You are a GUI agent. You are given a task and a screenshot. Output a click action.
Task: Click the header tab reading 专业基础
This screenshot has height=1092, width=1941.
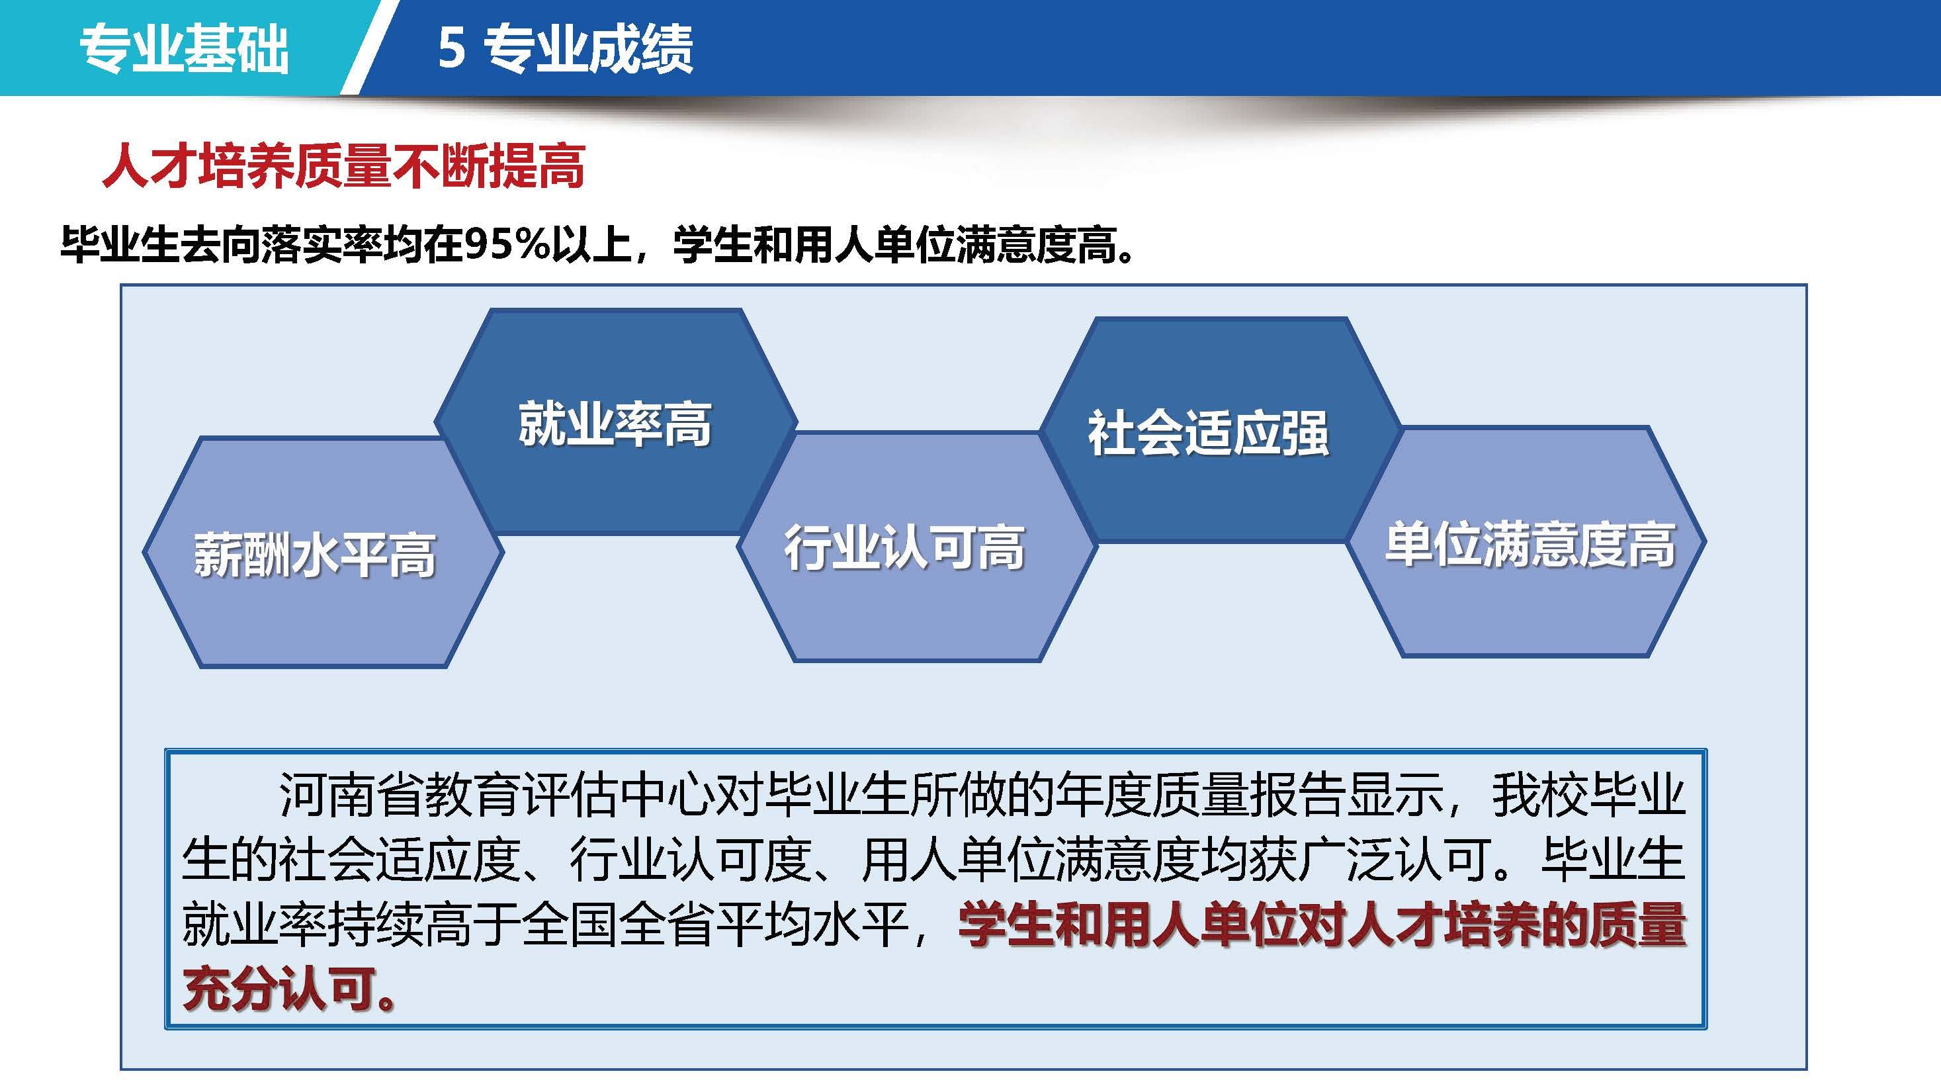click(185, 49)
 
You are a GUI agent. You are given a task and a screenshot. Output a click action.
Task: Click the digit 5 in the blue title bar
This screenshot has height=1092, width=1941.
click(451, 49)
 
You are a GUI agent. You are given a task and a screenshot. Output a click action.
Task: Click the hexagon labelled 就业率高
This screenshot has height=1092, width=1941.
click(616, 422)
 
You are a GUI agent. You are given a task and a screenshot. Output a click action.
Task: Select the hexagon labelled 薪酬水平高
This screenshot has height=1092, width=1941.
click(323, 553)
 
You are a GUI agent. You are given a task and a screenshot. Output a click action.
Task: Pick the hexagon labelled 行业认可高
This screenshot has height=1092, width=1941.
click(916, 547)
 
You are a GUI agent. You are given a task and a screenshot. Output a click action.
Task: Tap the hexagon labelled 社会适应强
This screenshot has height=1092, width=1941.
click(1221, 430)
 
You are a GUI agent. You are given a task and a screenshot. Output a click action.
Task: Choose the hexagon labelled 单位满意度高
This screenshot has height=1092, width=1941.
click(1527, 542)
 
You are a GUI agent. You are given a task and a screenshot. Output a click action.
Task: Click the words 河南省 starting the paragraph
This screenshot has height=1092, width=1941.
click(351, 796)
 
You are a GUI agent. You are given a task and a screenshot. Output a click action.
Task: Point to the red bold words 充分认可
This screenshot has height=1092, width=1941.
click(280, 989)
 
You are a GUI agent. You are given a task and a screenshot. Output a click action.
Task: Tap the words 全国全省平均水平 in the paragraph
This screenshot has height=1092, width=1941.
click(714, 925)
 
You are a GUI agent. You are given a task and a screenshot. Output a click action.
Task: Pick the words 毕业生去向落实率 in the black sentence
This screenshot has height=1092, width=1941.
click(222, 245)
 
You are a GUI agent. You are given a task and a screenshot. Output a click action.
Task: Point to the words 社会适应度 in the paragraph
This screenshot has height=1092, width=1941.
click(400, 860)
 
